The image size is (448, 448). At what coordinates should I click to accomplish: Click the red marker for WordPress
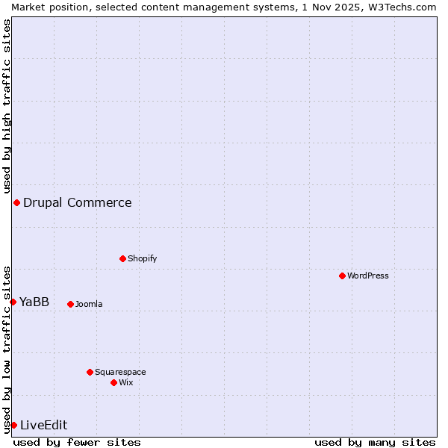click(x=342, y=276)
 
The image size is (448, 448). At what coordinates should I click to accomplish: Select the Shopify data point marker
click(x=122, y=258)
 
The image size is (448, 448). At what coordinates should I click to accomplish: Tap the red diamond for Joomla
click(x=70, y=304)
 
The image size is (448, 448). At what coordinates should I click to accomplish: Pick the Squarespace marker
click(x=90, y=372)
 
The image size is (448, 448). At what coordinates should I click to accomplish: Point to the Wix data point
click(x=113, y=382)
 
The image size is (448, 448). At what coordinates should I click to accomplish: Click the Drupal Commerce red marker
click(x=16, y=202)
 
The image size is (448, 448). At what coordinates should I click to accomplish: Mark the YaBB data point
click(x=13, y=302)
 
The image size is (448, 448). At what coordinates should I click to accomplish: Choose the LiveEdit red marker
click(x=13, y=425)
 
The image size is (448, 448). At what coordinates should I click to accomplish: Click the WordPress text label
click(x=368, y=276)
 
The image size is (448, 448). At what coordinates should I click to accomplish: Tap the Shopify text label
click(x=142, y=258)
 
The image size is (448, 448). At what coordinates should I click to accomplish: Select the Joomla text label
click(x=89, y=304)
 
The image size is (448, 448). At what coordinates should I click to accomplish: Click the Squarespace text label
click(x=120, y=372)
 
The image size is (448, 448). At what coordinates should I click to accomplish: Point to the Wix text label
click(x=125, y=382)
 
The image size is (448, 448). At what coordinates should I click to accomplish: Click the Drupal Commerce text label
click(x=77, y=202)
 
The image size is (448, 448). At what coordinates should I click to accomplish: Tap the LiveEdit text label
click(x=43, y=425)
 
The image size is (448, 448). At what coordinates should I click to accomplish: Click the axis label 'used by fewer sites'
click(x=77, y=442)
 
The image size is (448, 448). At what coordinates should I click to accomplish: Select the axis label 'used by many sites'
click(x=375, y=442)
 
